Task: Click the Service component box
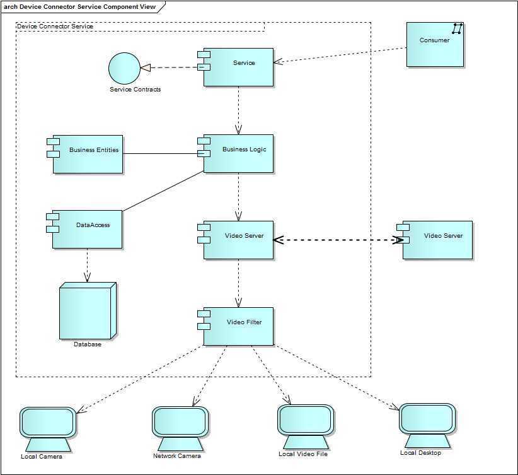238,67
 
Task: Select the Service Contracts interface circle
124,68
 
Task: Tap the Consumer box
435,44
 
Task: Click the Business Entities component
88,154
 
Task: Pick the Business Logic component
238,153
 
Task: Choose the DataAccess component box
88,229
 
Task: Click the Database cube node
87,311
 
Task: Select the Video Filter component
238,326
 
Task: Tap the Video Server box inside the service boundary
238,240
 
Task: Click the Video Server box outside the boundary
437,240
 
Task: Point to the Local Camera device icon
48,423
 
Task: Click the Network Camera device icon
180,422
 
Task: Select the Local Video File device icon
305,420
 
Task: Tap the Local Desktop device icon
427,419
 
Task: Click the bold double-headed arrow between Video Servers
337,240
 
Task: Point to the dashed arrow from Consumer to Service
340,55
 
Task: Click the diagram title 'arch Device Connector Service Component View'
81,7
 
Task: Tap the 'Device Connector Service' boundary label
55,26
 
